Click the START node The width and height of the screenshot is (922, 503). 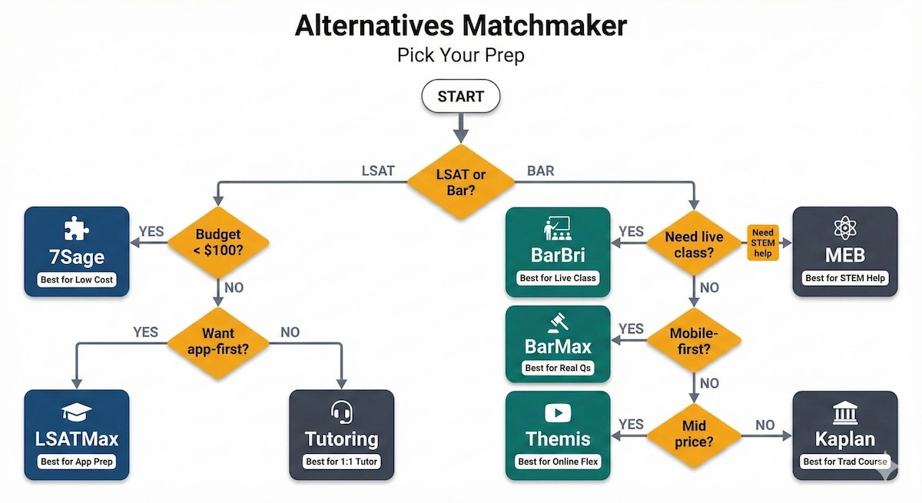coord(460,97)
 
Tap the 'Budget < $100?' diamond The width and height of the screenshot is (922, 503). coord(218,243)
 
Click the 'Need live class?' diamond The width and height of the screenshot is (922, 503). coord(694,243)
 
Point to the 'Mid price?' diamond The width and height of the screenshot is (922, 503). coord(694,435)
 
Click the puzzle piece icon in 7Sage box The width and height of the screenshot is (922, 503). coord(76,228)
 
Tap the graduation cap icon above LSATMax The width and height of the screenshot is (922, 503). coord(76,412)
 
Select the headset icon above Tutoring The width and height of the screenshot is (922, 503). coord(341,412)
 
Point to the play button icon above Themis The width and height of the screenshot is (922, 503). coord(557,413)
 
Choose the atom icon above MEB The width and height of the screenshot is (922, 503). coord(844,228)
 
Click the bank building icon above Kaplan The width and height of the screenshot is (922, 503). coord(844,415)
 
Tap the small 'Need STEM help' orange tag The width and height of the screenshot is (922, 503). coord(763,243)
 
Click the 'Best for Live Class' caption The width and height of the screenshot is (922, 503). coord(557,278)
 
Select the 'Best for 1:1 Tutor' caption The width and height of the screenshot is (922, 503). coord(341,462)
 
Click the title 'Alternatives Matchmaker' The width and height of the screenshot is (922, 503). coord(460,26)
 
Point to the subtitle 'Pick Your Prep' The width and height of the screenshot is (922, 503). coord(460,56)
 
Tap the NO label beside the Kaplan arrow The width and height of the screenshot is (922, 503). coord(764,425)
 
